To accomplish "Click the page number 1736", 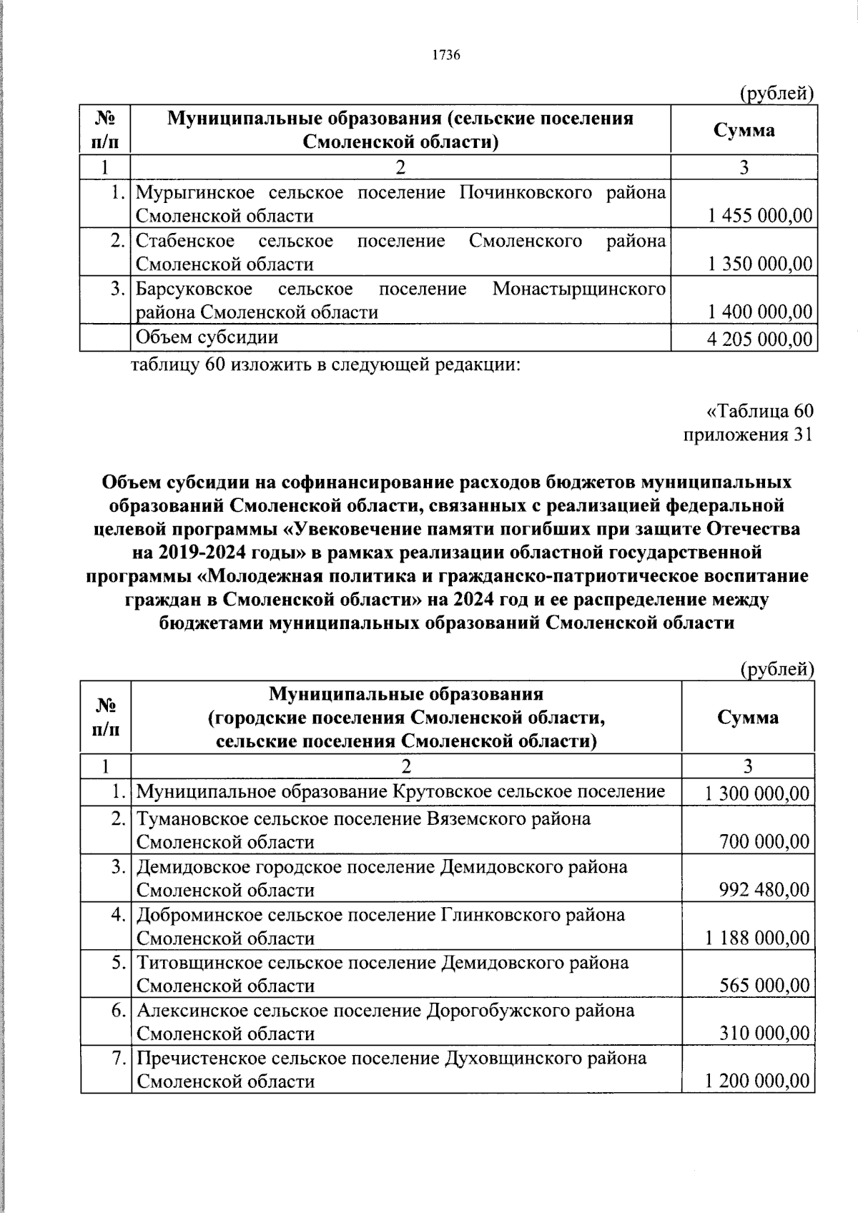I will [445, 56].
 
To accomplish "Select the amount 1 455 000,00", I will [760, 216].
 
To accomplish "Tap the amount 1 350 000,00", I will [760, 264].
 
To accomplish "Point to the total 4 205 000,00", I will [759, 339].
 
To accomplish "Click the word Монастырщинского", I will [579, 289].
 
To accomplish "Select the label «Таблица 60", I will [759, 411].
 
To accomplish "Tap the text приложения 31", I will [748, 435].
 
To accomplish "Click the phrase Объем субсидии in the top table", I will [207, 337].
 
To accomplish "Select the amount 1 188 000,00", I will [757, 938].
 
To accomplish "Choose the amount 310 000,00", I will [764, 1034].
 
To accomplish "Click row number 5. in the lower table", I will [119, 963].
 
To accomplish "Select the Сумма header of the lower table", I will [748, 717].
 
